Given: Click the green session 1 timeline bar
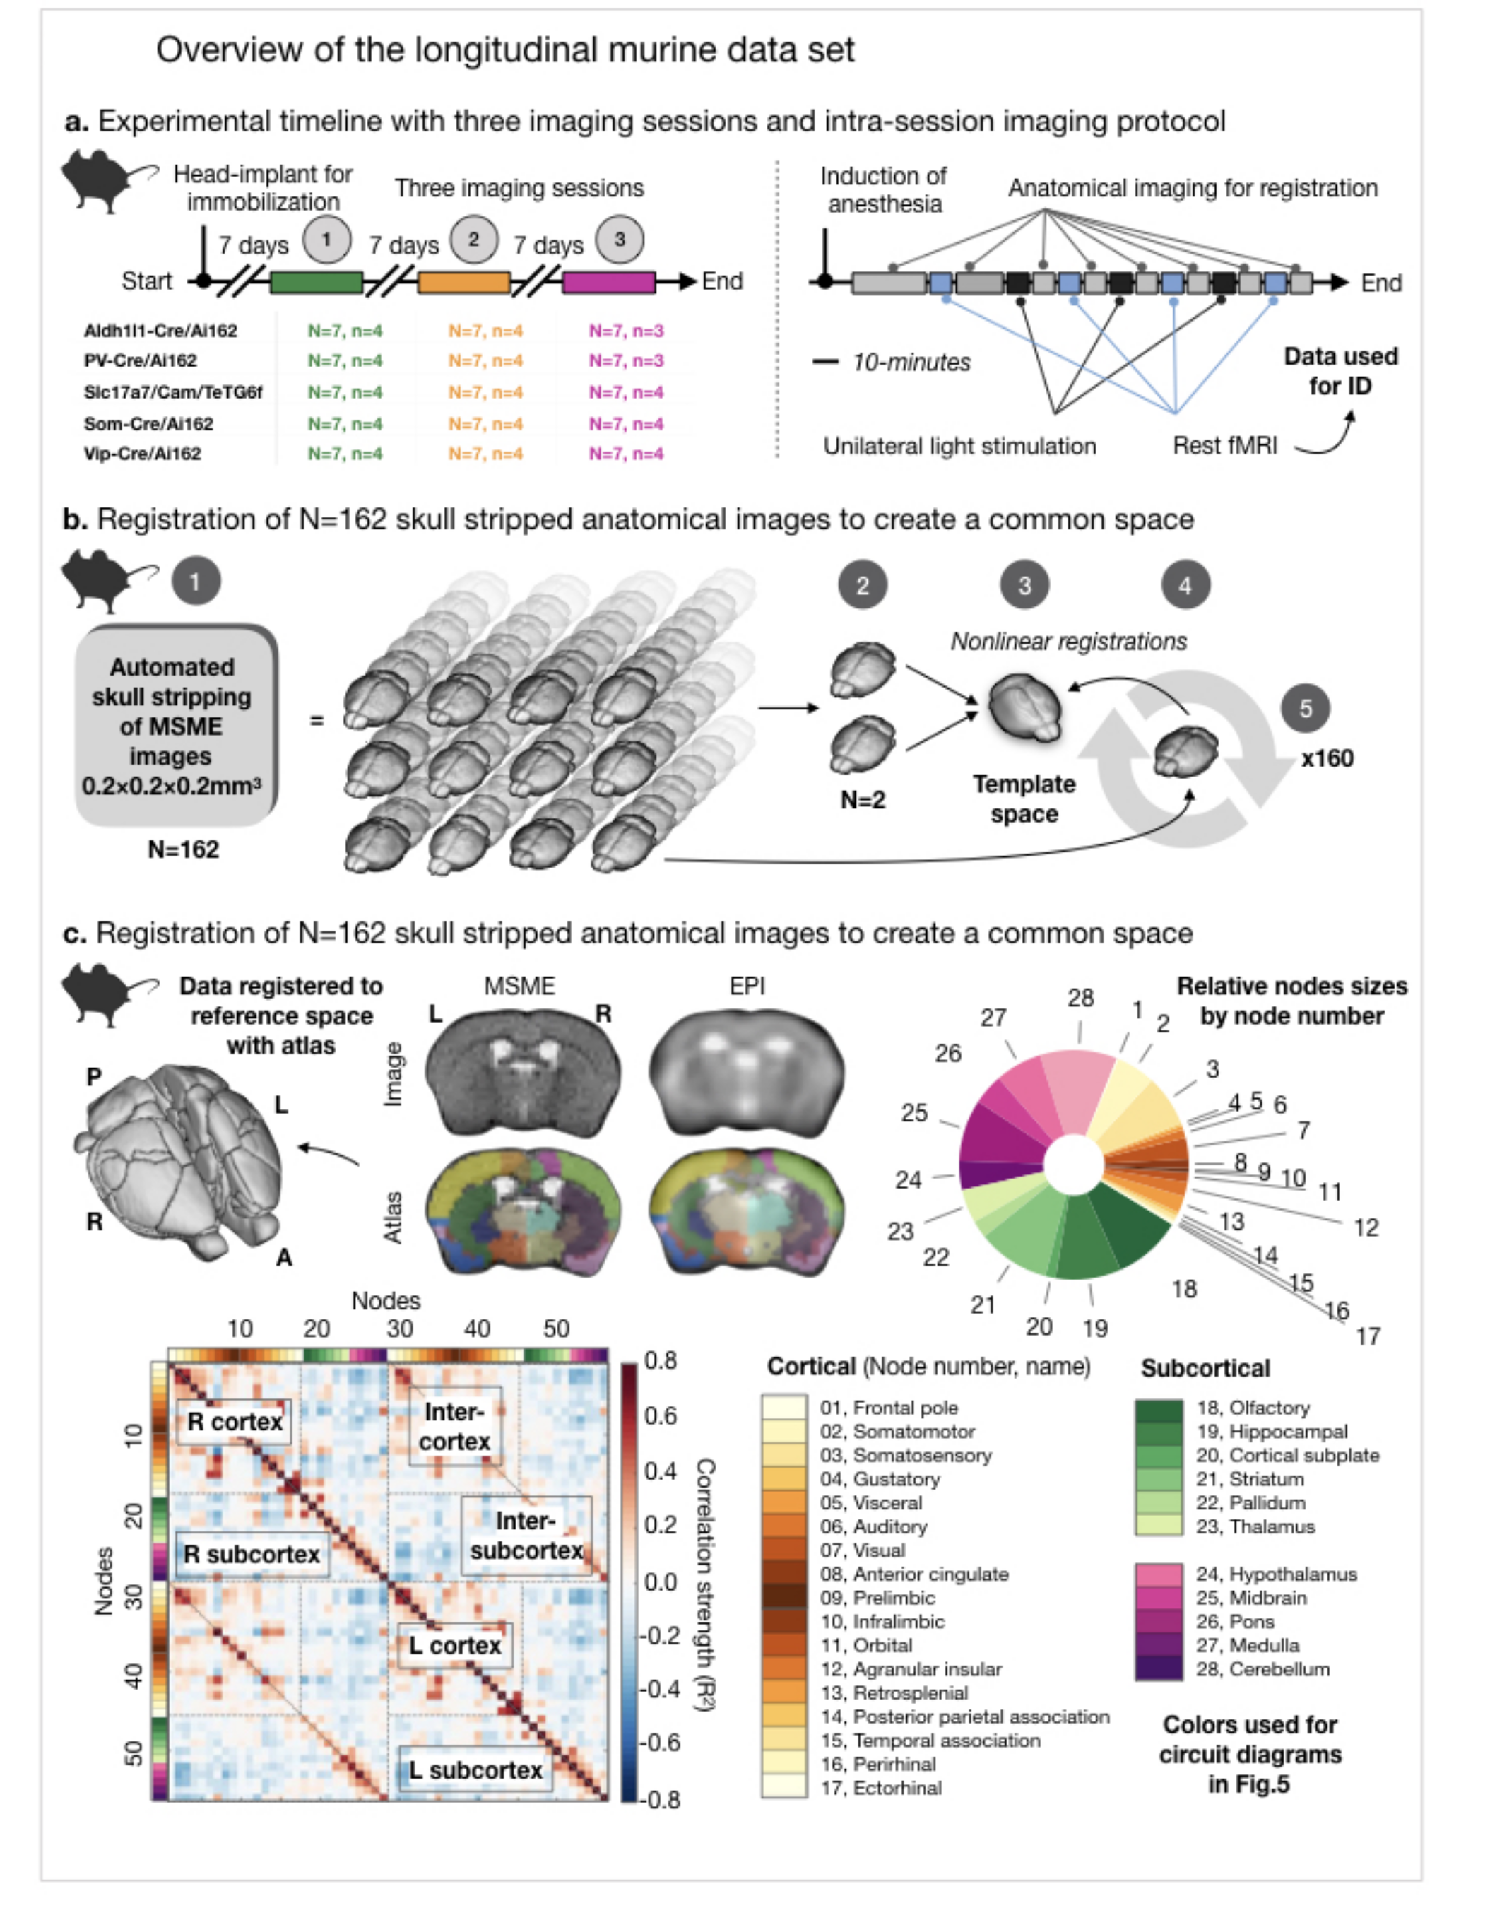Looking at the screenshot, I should point(316,283).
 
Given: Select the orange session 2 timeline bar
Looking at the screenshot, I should point(463,283).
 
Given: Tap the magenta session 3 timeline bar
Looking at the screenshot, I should point(608,283).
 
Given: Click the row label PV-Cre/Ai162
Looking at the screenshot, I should point(141,360).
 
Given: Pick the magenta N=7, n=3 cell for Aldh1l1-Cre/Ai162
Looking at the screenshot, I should point(626,331).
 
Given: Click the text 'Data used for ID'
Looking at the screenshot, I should point(1340,371).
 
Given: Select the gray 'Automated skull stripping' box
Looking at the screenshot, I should point(173,726).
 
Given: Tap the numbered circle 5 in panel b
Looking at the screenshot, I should point(1305,708).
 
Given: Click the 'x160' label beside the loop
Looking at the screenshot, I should point(1327,758).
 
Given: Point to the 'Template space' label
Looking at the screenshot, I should point(1024,799).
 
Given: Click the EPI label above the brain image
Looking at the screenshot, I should point(747,986).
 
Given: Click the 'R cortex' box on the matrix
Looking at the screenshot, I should point(234,1423).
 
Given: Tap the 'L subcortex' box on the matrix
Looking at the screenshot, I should point(475,1770).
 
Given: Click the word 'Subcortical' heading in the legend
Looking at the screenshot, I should point(1205,1369).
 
